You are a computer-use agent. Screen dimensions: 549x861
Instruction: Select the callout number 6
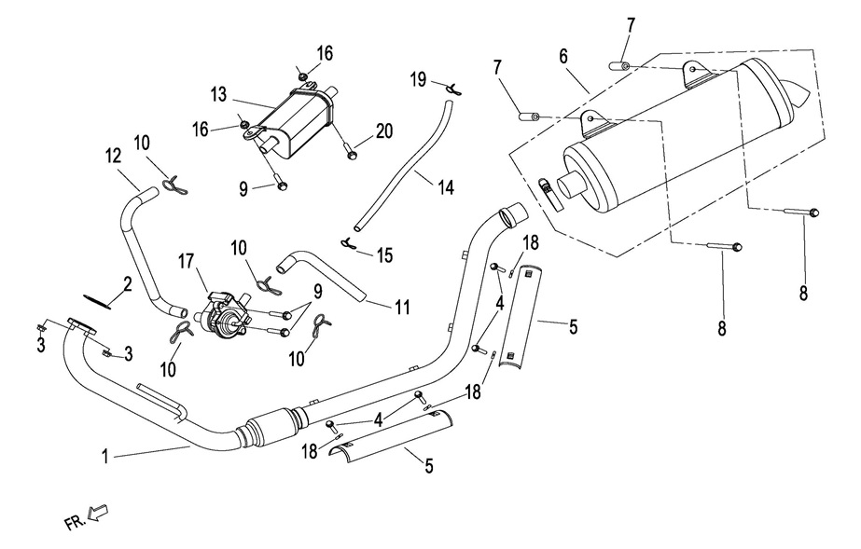tap(563, 56)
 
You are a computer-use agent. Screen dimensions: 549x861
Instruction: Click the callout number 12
tap(113, 155)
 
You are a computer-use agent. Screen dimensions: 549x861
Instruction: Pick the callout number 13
tap(218, 94)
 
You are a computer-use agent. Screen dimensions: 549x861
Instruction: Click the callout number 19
tap(419, 80)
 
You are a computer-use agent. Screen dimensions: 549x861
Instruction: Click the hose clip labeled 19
tap(453, 88)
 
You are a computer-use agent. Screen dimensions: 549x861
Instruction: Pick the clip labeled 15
tap(350, 243)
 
